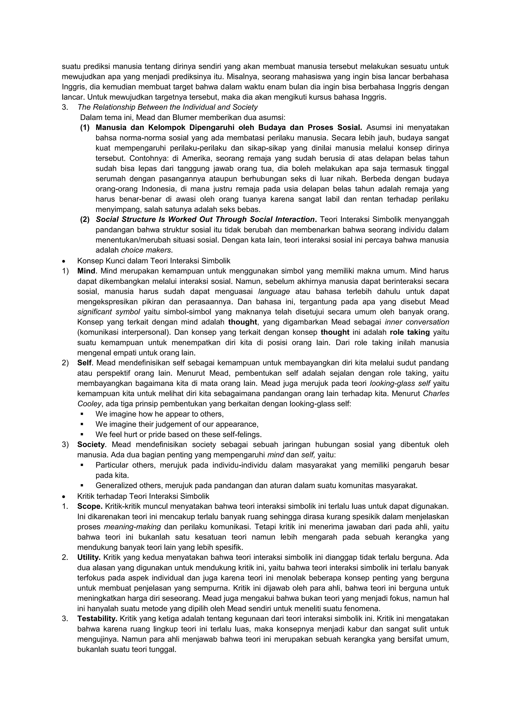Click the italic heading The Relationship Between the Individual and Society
(x=167, y=107)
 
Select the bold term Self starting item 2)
(x=84, y=363)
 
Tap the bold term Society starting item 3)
(x=91, y=445)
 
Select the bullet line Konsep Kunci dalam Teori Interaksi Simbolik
(x=153, y=261)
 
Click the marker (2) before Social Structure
(x=85, y=219)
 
